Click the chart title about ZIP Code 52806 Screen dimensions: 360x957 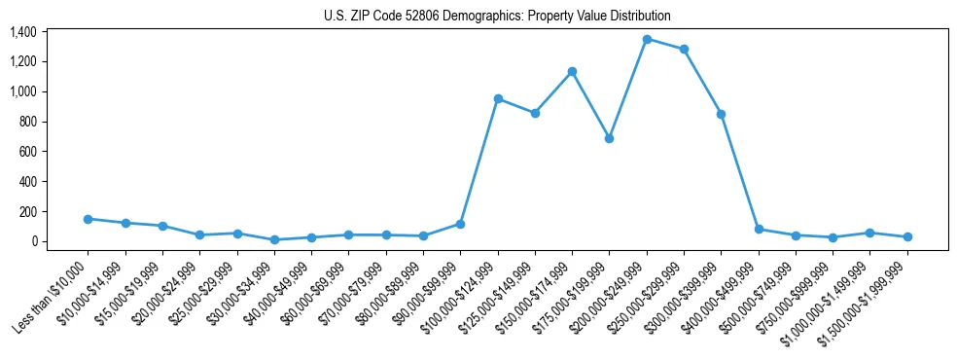click(x=497, y=16)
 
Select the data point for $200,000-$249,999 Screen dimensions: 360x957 click(x=647, y=39)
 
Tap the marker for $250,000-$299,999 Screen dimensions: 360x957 click(x=684, y=49)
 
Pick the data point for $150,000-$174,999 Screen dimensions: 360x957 click(x=572, y=71)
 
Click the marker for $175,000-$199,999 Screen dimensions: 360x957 click(x=609, y=138)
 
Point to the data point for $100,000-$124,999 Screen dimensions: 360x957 click(x=498, y=98)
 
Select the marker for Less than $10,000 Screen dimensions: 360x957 click(x=88, y=219)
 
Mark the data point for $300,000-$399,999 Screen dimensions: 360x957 click(x=721, y=114)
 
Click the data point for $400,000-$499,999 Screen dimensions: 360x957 click(x=759, y=229)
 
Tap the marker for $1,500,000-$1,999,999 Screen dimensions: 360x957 click(x=907, y=236)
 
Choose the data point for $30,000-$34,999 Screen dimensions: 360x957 click(x=274, y=239)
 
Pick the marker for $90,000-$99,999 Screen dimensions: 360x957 click(x=460, y=224)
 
